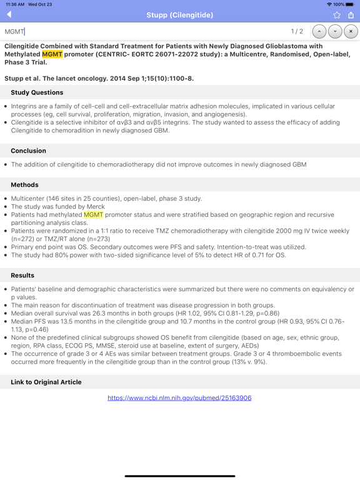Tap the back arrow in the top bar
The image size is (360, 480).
[x=9, y=14]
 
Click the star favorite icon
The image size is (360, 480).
[x=337, y=15]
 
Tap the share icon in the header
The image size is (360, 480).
[x=351, y=14]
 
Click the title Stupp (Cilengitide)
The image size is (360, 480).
[x=180, y=15]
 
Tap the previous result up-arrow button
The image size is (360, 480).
[x=319, y=31]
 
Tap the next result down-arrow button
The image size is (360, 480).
[x=335, y=31]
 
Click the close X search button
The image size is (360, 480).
[x=351, y=31]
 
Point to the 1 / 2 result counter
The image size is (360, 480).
[x=297, y=31]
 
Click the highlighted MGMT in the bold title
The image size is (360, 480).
[x=52, y=54]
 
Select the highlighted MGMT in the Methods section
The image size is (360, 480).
[x=94, y=214]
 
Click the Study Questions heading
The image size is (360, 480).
[x=37, y=92]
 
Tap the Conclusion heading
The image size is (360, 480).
[x=28, y=151]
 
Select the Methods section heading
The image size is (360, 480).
[x=24, y=185]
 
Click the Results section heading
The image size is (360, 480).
[x=22, y=276]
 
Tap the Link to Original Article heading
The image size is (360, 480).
[x=46, y=382]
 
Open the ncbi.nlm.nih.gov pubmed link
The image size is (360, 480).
[x=179, y=398]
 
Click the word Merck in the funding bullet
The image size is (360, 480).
[x=95, y=206]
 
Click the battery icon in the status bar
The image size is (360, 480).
[x=350, y=4]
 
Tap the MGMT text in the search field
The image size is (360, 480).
[x=14, y=31]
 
